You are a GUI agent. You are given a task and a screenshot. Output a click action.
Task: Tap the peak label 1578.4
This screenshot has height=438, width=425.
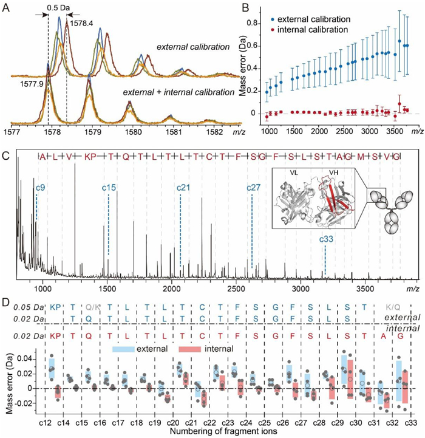[x=81, y=24]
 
